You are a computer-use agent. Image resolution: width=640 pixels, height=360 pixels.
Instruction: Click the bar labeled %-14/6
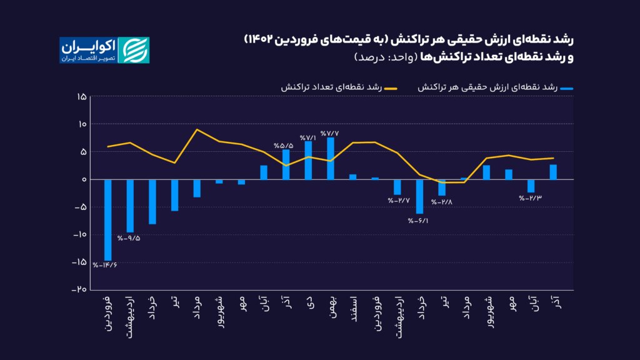107,219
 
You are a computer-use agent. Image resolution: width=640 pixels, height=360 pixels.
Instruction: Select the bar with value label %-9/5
130,206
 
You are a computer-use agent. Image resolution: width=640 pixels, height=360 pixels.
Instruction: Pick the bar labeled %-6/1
420,196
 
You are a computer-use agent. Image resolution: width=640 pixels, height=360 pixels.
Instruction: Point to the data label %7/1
308,137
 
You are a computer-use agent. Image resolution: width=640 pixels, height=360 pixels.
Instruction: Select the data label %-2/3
529,198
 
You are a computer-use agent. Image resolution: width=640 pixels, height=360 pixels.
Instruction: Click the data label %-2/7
398,201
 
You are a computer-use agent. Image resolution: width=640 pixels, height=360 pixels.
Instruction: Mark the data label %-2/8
441,201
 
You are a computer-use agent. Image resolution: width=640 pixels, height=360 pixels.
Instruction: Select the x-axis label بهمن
331,307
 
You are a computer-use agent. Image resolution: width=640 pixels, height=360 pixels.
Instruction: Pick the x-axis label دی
308,302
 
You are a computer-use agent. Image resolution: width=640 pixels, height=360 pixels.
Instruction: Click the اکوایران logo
104,50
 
